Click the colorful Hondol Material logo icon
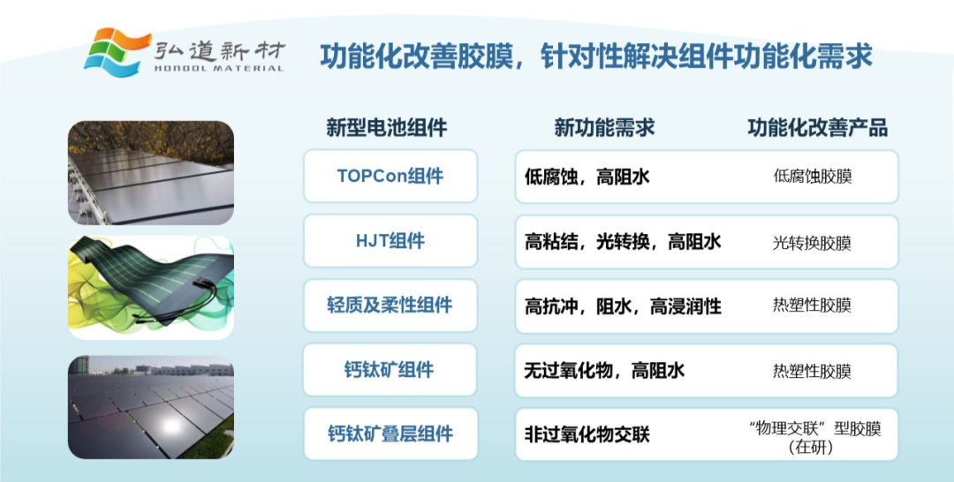(117, 52)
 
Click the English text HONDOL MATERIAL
(219, 68)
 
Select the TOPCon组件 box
(390, 176)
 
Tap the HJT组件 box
(390, 241)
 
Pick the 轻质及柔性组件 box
(390, 305)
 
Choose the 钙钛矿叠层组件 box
(390, 434)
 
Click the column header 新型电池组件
(386, 128)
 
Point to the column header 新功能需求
(604, 128)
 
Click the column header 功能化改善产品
(817, 128)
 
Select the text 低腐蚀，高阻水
(587, 177)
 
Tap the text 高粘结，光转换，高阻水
(623, 241)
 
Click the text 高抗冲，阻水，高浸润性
(623, 305)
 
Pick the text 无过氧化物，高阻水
(605, 370)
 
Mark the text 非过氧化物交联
(587, 434)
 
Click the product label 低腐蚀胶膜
(813, 177)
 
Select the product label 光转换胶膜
(813, 243)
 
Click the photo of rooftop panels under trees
(151, 173)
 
